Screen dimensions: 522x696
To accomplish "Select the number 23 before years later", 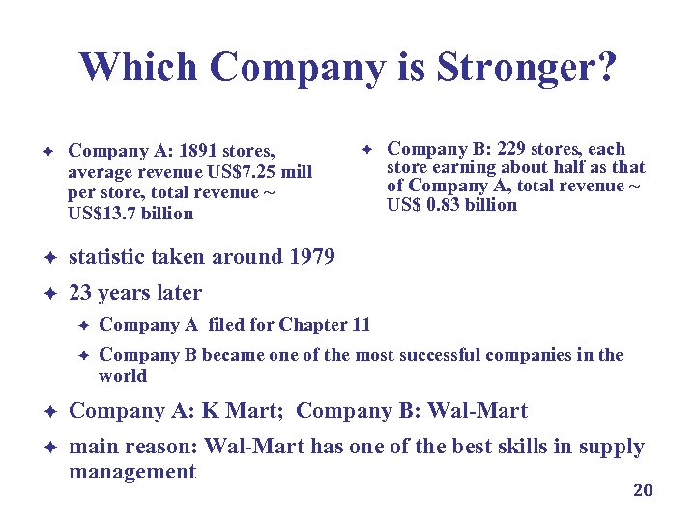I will point(81,293).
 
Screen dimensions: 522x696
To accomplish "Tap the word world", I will point(123,376).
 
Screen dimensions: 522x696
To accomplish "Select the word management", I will point(132,472).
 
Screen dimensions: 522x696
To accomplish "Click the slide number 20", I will point(643,490).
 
